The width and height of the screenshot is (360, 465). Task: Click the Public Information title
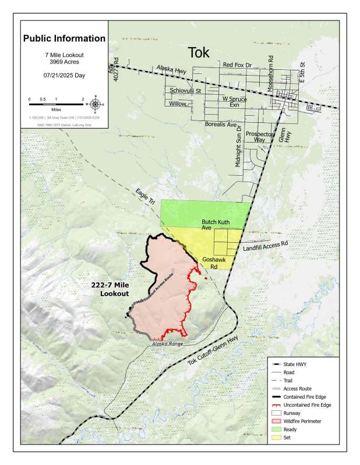click(64, 39)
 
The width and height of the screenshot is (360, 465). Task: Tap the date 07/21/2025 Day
click(64, 76)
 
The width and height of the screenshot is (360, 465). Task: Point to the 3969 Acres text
click(64, 61)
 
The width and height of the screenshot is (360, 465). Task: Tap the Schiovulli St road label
click(185, 91)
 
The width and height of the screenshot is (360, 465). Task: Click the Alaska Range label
click(167, 344)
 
